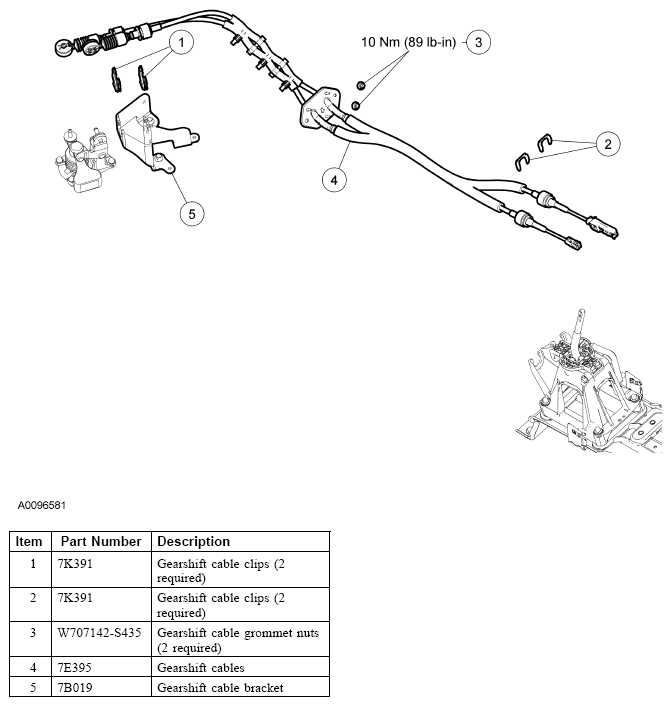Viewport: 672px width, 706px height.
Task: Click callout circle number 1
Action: (180, 42)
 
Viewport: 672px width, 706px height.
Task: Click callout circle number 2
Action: (606, 144)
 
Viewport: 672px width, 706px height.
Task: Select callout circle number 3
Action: (479, 42)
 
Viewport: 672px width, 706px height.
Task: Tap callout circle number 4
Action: (335, 180)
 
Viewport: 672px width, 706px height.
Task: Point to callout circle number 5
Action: (191, 213)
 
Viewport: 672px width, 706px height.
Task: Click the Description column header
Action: (193, 541)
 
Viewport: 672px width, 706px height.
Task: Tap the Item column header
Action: (29, 541)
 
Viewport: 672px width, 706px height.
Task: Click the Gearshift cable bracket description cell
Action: (220, 687)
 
